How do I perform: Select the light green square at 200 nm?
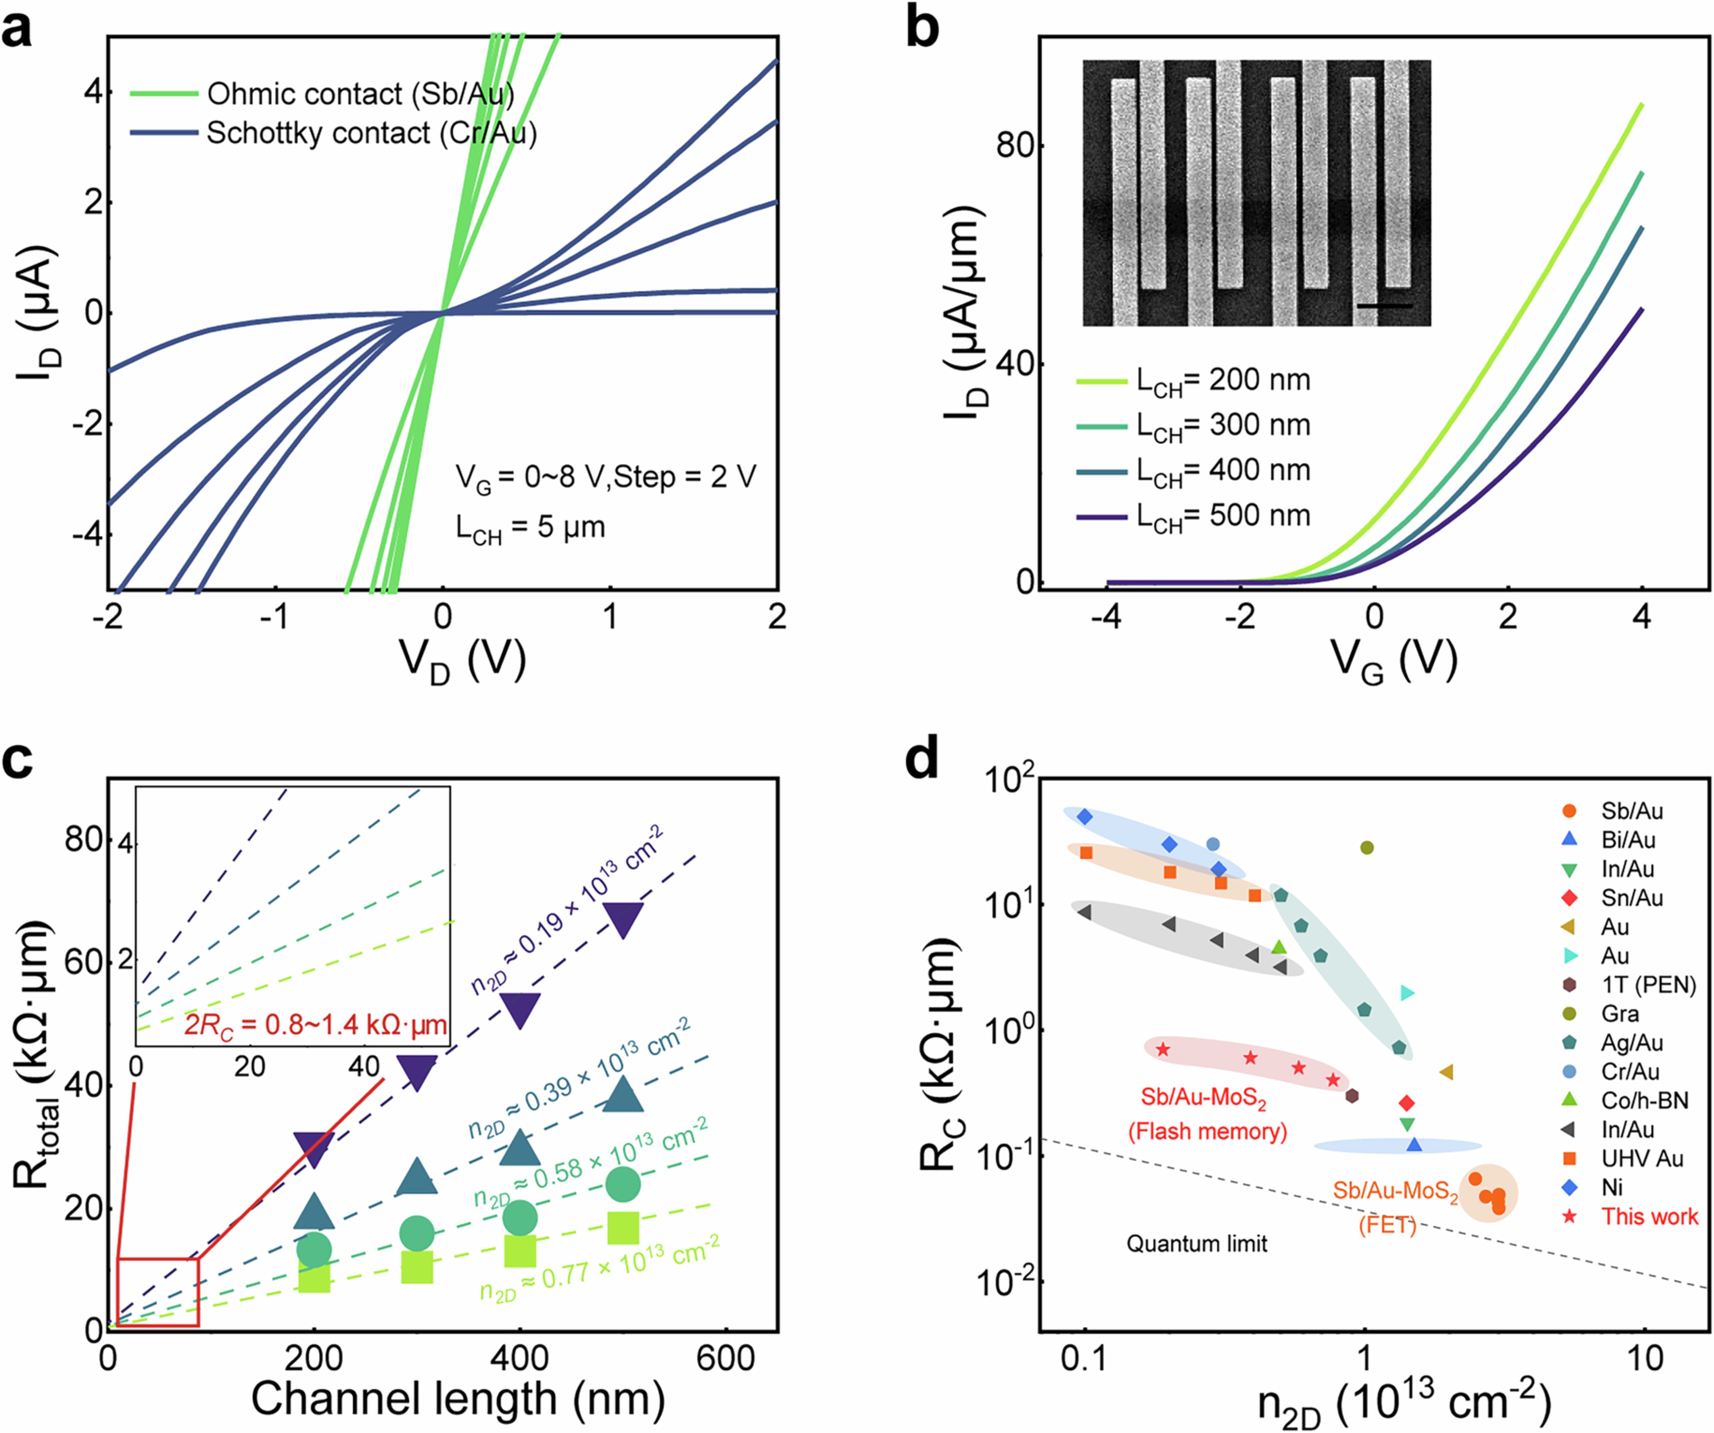pos(314,1276)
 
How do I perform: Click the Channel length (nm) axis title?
pos(457,1398)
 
